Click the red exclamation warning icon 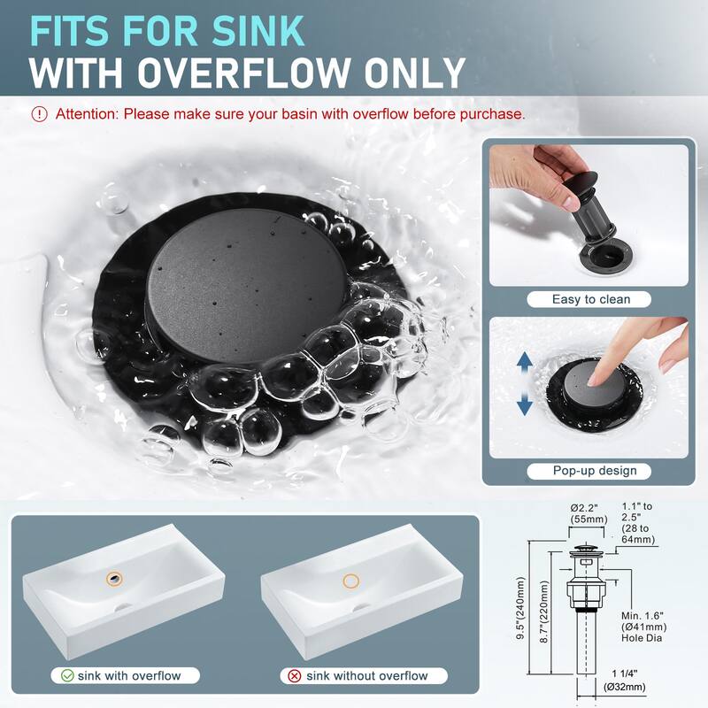(x=40, y=114)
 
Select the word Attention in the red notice (x=87, y=114)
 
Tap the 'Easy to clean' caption (x=590, y=299)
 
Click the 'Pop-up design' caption (x=589, y=471)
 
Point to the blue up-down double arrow (x=525, y=384)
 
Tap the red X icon (x=295, y=676)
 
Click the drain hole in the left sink (x=114, y=577)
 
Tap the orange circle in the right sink (x=351, y=581)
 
